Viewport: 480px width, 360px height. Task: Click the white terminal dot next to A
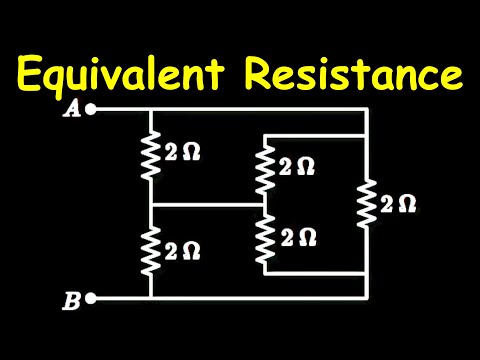[x=91, y=110]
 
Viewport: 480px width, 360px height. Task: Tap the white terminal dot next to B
[x=91, y=298]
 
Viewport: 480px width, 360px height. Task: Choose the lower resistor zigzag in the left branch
[x=150, y=251]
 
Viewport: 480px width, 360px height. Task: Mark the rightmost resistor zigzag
[x=367, y=204]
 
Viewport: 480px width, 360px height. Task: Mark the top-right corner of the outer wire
[x=367, y=110]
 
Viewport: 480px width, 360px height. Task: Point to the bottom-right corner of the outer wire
[x=367, y=298]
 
